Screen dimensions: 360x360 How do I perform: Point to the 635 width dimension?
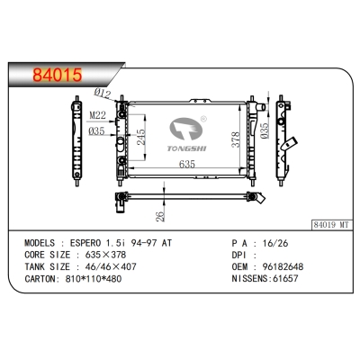[x=187, y=165]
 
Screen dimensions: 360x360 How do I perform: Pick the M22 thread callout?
[x=98, y=113]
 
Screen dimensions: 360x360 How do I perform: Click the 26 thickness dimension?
[x=159, y=217]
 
